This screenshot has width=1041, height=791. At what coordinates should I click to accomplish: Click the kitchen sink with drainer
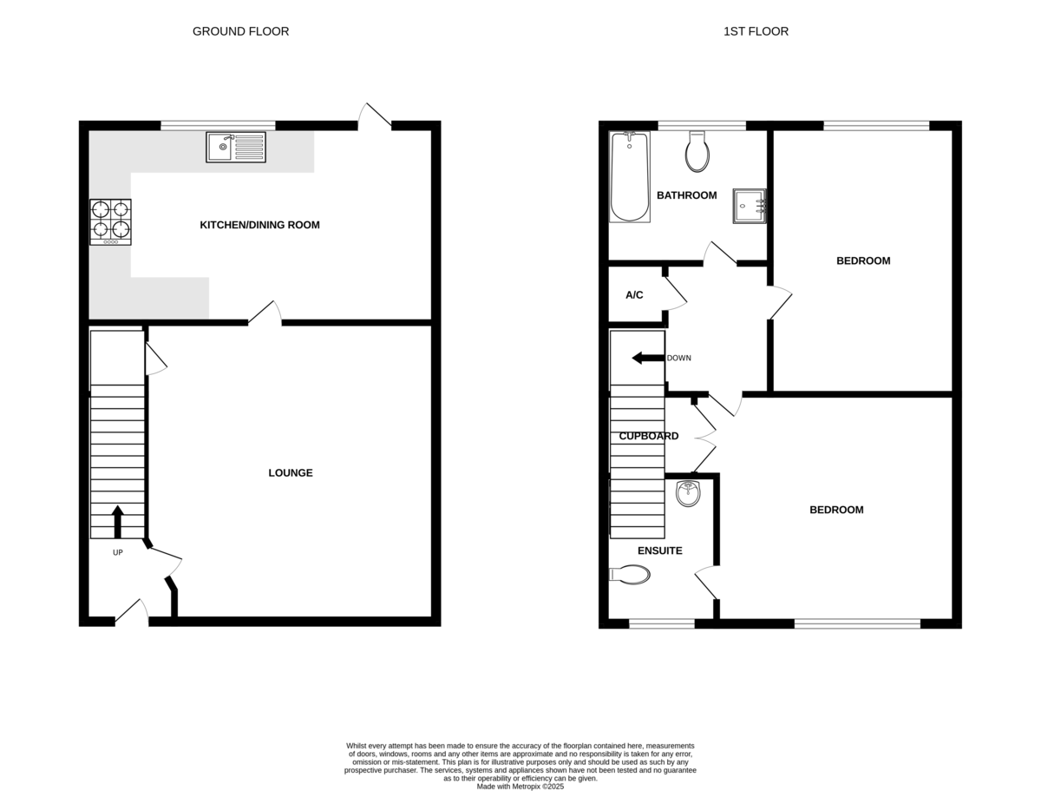coord(236,147)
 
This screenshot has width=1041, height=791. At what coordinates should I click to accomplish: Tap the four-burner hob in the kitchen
coord(110,222)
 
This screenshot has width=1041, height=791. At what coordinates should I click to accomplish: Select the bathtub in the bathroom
coord(629,176)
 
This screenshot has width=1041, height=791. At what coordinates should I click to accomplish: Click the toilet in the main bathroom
coord(697,152)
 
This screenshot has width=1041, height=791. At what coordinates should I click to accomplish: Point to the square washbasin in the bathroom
coord(750,206)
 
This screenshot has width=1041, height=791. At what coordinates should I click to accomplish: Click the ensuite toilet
coord(629,575)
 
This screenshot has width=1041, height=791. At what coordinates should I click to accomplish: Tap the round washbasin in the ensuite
coord(688,493)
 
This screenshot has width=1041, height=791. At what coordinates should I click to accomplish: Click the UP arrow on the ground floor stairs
coord(118,522)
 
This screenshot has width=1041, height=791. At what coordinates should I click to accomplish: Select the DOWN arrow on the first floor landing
coord(648,359)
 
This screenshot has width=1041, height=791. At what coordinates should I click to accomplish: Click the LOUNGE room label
coord(291,472)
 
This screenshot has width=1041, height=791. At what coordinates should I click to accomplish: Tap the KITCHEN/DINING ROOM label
coord(259,225)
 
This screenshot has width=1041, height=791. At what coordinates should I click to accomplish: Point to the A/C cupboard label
coord(634,295)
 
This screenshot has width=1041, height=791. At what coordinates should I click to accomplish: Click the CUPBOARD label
coord(648,436)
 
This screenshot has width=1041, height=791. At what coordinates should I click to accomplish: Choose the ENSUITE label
coord(659,550)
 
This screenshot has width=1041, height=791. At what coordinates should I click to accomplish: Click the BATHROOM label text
coord(686,195)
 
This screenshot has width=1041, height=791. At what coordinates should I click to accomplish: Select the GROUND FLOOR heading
coord(240,31)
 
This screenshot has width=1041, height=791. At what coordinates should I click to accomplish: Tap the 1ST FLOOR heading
coord(756,31)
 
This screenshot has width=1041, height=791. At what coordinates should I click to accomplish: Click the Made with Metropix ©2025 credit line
coord(520,787)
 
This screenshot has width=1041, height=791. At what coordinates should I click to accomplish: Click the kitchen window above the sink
coord(218,126)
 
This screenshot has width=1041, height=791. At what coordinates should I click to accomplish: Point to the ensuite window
coord(662,623)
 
